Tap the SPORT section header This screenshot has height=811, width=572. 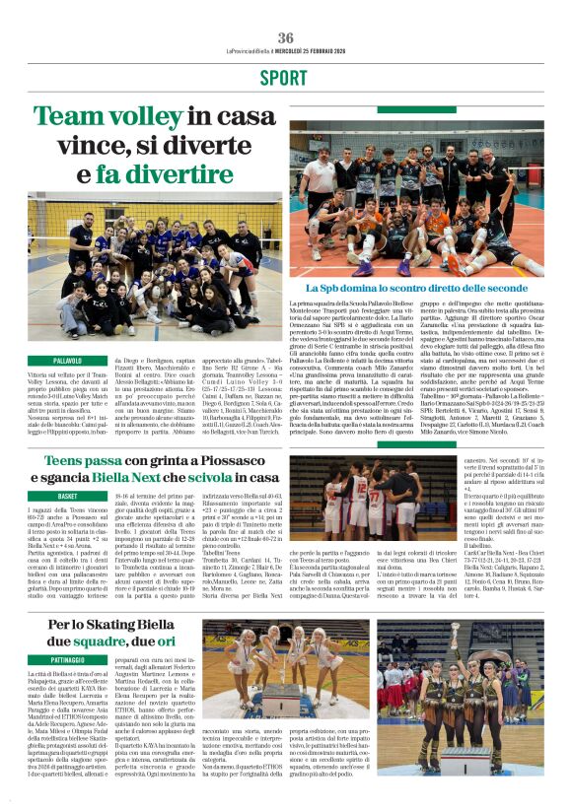click(286, 78)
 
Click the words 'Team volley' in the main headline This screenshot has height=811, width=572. click(95, 117)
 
